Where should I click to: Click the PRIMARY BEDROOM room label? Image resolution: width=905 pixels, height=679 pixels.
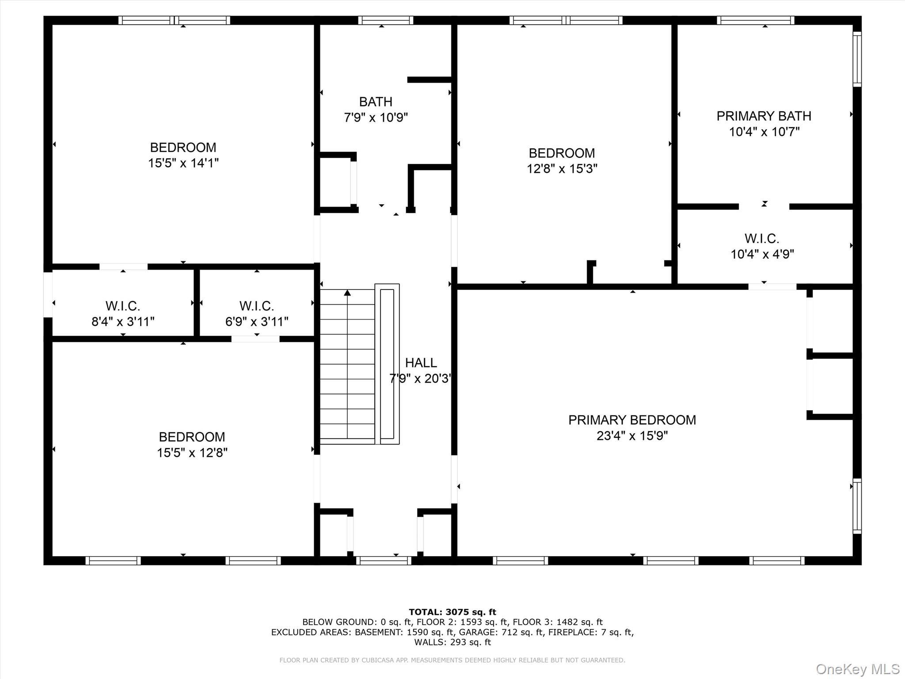click(x=632, y=420)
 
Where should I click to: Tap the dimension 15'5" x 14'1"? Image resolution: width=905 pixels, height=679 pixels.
click(x=183, y=163)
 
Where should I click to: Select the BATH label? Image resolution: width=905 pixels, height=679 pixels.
click(x=376, y=102)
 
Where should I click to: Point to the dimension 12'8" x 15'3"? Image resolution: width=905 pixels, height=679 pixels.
click(x=562, y=169)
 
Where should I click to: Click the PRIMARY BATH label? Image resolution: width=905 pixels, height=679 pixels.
click(x=764, y=116)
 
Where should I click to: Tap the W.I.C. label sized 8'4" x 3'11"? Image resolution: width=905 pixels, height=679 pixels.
click(x=123, y=306)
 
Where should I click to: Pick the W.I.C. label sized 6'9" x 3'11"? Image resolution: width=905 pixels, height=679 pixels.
click(x=257, y=306)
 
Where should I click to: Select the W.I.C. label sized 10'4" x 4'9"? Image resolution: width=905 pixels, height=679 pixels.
click(x=762, y=239)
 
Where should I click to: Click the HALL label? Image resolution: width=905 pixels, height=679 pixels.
click(x=421, y=363)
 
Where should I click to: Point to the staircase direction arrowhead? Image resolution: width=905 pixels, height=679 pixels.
click(x=347, y=293)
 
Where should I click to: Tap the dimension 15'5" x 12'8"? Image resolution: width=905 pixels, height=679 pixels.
click(x=192, y=453)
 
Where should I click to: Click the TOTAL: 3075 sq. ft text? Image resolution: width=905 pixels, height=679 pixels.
click(x=452, y=612)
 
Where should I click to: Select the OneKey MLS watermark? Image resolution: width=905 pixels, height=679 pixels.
click(x=857, y=669)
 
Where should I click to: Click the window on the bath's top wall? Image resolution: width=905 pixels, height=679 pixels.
click(x=385, y=20)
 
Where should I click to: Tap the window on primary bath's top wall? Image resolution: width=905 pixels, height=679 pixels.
click(x=755, y=20)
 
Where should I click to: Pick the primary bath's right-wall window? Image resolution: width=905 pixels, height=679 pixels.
click(x=857, y=59)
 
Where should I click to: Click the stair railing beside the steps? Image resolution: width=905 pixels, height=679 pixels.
click(x=387, y=364)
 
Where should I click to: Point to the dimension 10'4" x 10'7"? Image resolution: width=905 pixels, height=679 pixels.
click(x=764, y=132)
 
